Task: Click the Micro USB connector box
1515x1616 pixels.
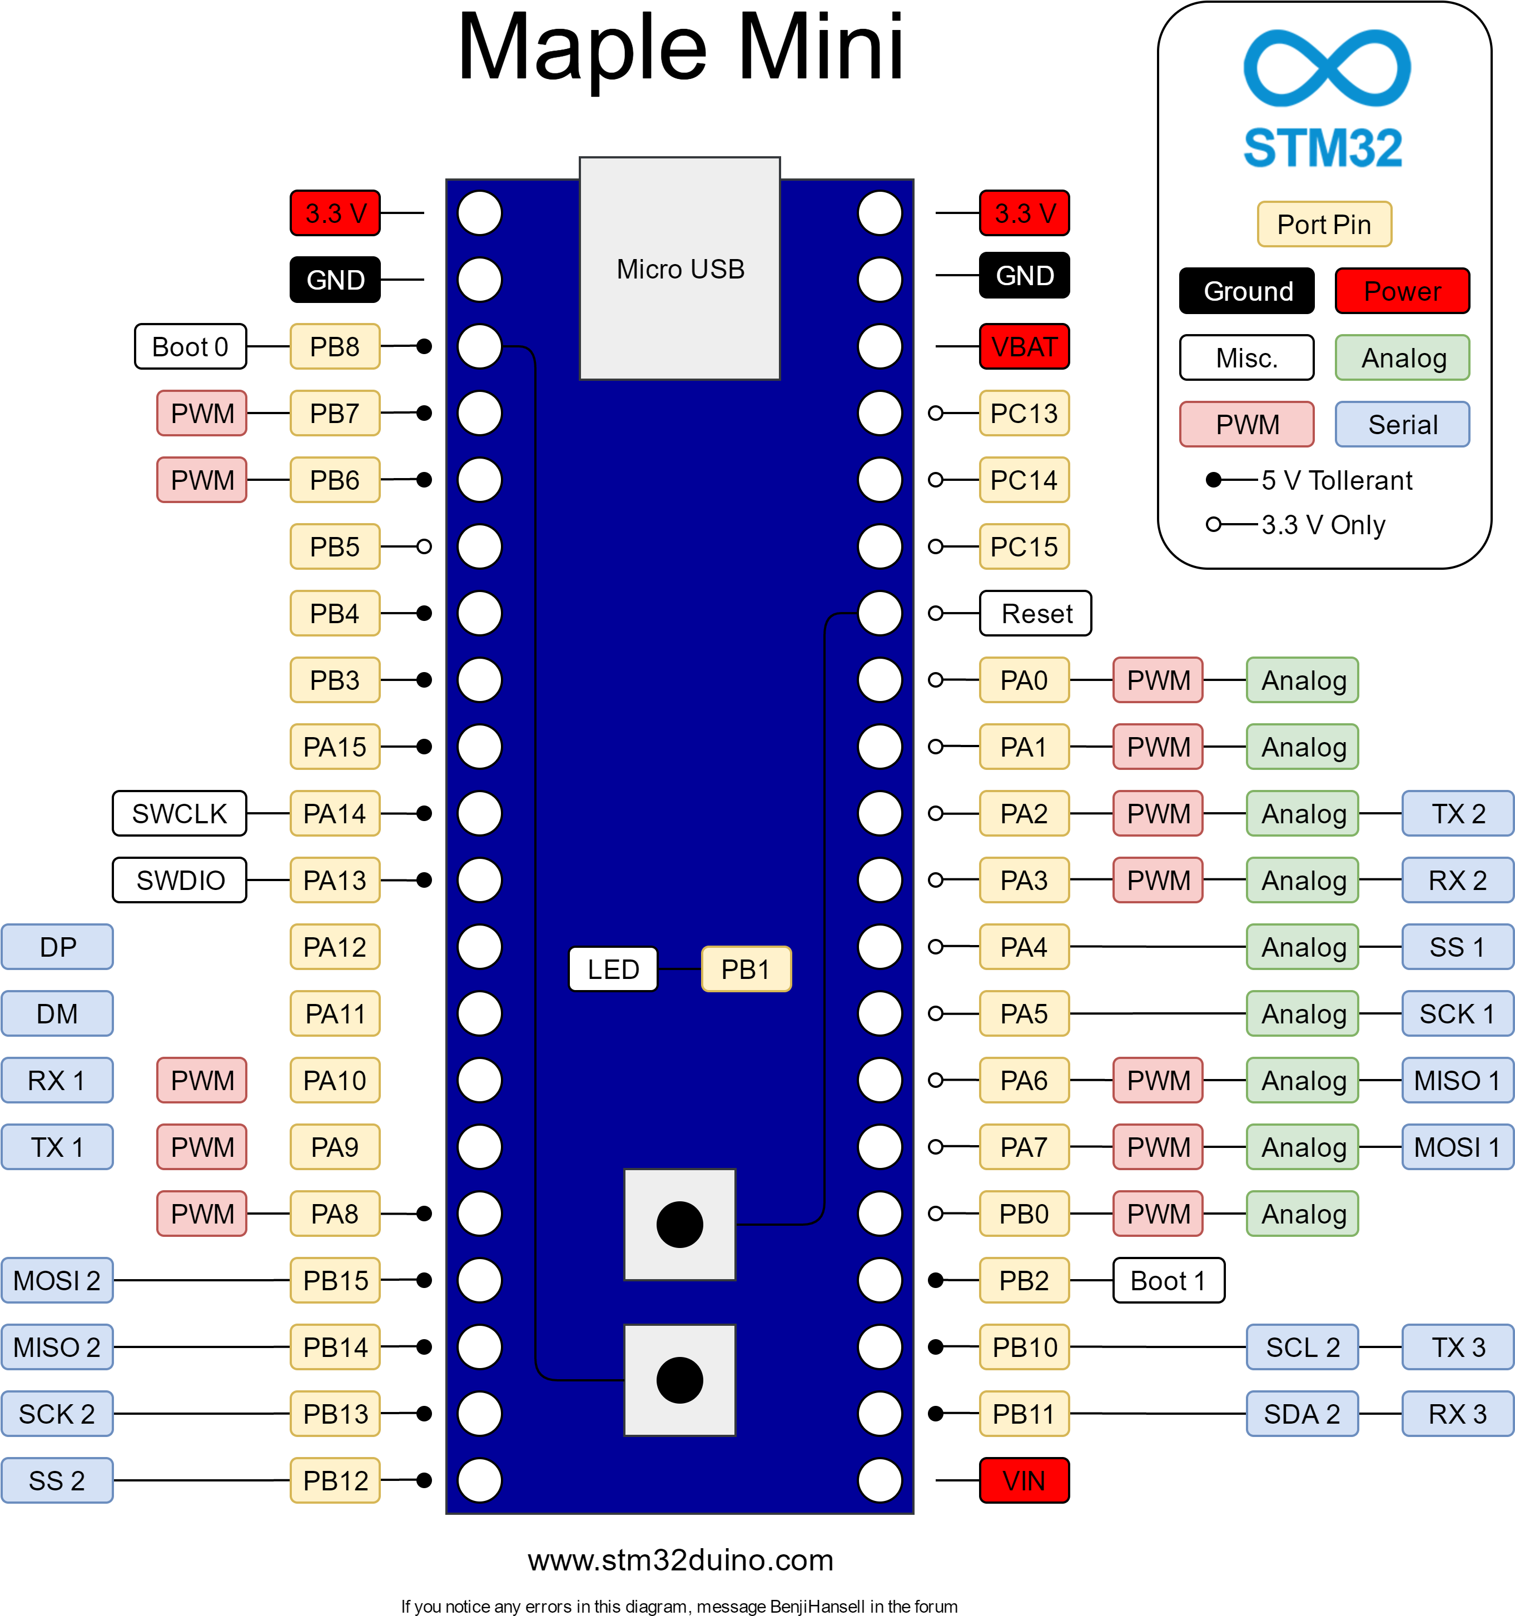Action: coord(679,268)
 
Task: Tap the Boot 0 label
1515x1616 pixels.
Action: coord(190,347)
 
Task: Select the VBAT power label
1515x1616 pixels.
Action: coord(1024,347)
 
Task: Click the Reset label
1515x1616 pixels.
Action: coord(1035,614)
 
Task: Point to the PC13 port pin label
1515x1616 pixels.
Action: coord(1024,414)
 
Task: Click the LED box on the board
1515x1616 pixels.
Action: coord(613,969)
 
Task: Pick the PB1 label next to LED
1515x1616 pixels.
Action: coord(746,969)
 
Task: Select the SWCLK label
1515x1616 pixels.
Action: coord(180,814)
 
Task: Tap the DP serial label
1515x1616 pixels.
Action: coord(57,947)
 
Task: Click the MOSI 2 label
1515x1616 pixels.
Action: coord(57,1280)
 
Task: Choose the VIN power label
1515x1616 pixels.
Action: coord(1024,1480)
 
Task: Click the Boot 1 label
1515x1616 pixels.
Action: coord(1168,1280)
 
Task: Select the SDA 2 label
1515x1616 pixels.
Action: coord(1302,1414)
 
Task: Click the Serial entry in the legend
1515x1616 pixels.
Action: coord(1402,424)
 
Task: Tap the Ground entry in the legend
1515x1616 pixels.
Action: coord(1247,291)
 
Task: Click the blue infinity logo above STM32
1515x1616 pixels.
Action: coord(1327,68)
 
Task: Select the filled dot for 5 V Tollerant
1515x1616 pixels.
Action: coord(1214,480)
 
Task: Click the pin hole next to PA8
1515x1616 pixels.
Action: coord(480,1214)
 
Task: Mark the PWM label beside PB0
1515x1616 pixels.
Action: coord(1158,1214)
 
